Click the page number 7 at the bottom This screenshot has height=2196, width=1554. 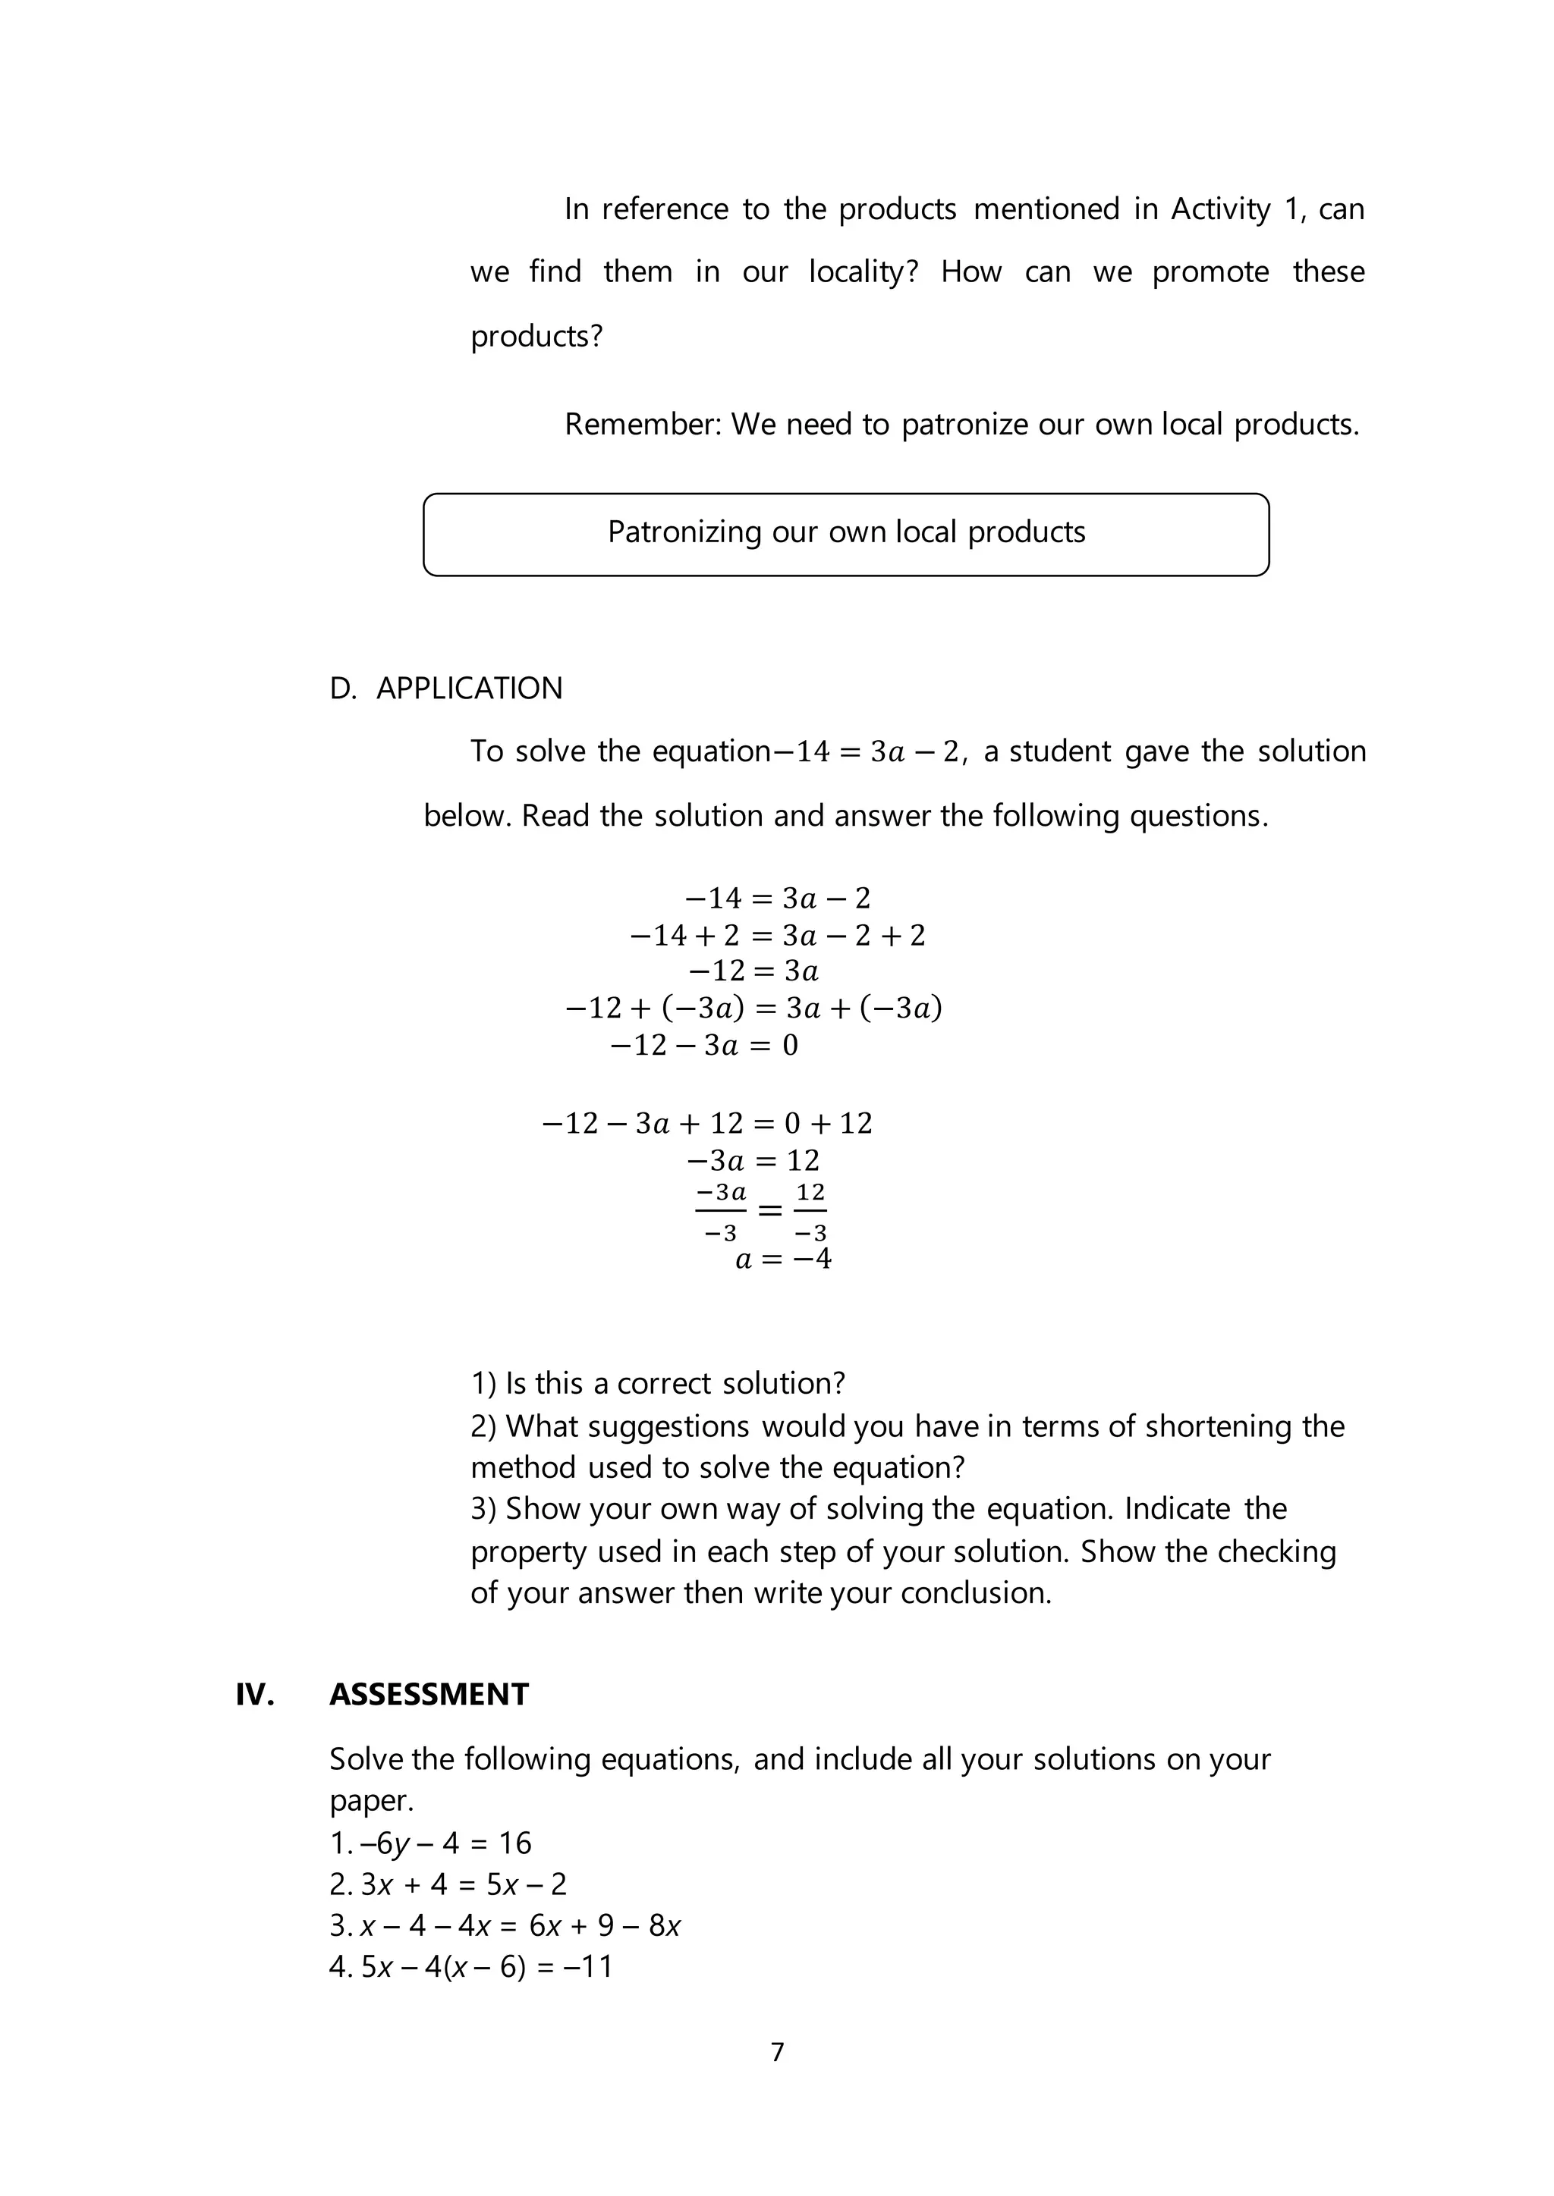(777, 2052)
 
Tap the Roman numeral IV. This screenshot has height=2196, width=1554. (254, 1694)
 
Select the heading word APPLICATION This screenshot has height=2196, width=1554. (469, 689)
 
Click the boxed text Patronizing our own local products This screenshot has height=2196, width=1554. (846, 532)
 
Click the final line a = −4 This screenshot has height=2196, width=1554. (783, 1259)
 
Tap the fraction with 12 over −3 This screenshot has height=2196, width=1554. (810, 1212)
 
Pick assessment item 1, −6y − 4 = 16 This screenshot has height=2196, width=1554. (430, 1843)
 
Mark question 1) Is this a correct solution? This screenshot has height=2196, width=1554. (659, 1383)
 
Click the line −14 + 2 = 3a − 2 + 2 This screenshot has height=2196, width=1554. (777, 936)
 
